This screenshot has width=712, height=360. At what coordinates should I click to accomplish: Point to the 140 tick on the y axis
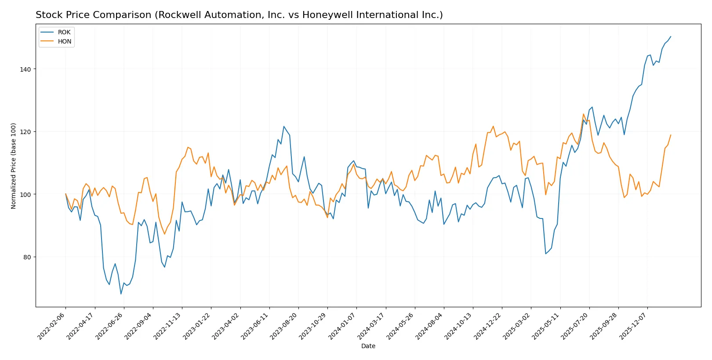pyautogui.click(x=25, y=69)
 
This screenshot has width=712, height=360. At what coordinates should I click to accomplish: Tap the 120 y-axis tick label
pyautogui.click(x=25, y=132)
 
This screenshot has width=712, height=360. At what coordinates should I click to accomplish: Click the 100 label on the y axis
pyautogui.click(x=25, y=195)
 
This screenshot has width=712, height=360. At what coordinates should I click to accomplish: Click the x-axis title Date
pyautogui.click(x=368, y=346)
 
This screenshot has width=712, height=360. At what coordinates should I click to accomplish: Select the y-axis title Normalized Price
pyautogui.click(x=14, y=166)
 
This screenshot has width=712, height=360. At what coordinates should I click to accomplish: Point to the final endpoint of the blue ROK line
pyautogui.click(x=671, y=36)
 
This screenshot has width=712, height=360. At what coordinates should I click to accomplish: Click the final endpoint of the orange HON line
pyautogui.click(x=671, y=135)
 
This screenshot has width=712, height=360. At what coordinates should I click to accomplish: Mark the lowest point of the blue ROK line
pyautogui.click(x=121, y=294)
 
